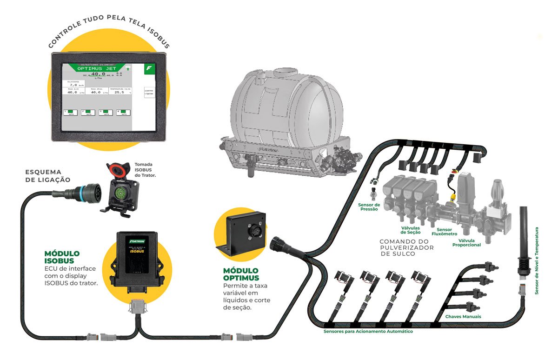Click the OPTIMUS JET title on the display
tap(97, 68)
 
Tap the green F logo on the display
tap(150, 68)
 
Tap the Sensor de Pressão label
tap(369, 207)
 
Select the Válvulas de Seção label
tap(411, 230)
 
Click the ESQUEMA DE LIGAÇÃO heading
tap(48, 175)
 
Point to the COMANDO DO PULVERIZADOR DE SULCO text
tap(406, 248)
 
